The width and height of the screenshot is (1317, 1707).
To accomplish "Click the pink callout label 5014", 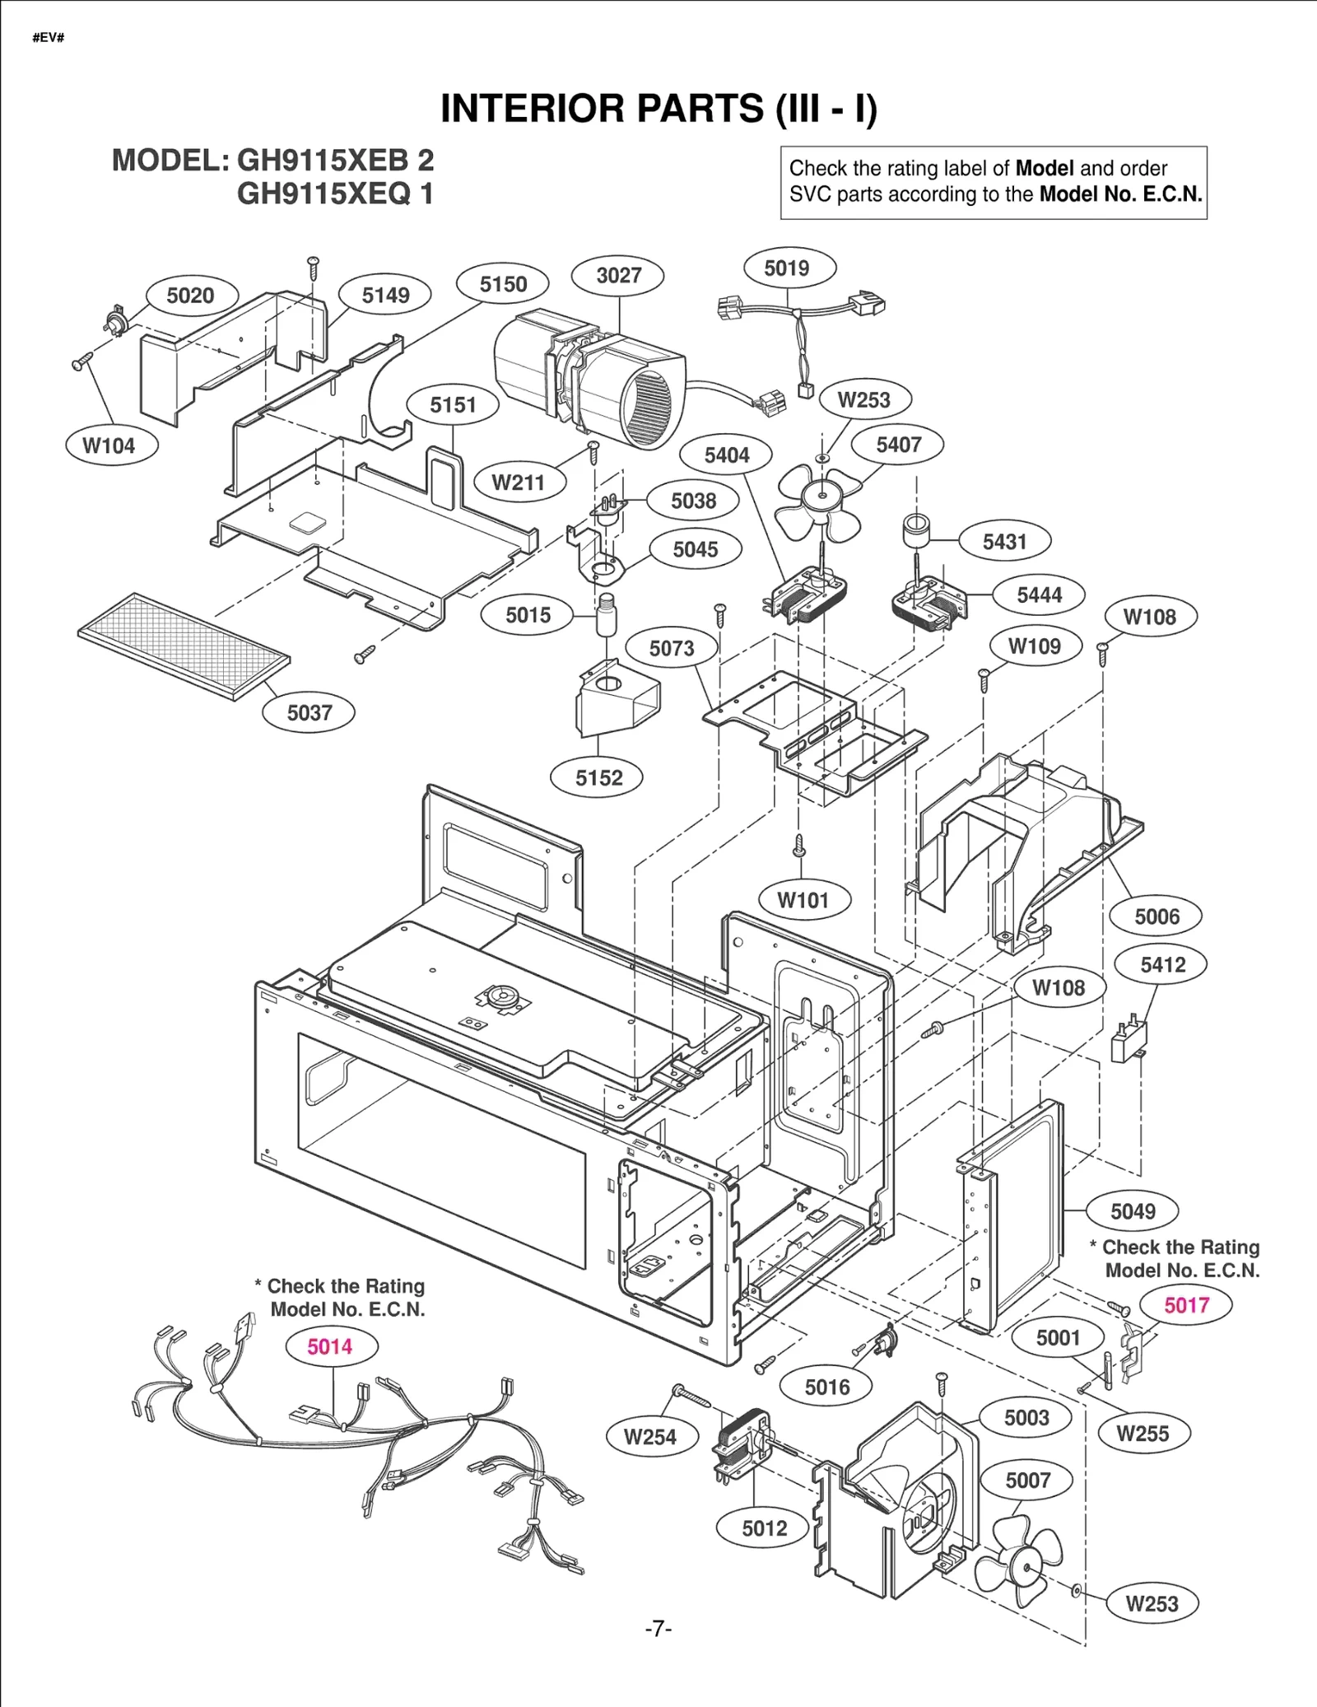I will pyautogui.click(x=331, y=1346).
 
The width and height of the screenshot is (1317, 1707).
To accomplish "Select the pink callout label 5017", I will pyautogui.click(x=1185, y=1305).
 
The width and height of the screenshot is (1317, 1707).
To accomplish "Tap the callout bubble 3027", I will pyautogui.click(x=618, y=275).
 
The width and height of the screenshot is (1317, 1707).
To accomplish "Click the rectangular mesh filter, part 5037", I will pyautogui.click(x=184, y=646).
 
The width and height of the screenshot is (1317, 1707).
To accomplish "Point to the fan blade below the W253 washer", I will pyautogui.click(x=818, y=501).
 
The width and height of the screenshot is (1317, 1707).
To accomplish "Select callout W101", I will pyautogui.click(x=803, y=900).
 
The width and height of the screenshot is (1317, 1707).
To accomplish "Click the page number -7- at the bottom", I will pyautogui.click(x=658, y=1628).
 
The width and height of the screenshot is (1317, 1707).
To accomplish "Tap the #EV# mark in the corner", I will pyautogui.click(x=49, y=38).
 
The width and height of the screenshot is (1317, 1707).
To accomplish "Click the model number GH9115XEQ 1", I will pyautogui.click(x=334, y=194).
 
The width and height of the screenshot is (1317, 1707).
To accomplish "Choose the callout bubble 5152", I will pyautogui.click(x=598, y=777).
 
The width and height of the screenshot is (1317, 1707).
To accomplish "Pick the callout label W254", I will pyautogui.click(x=650, y=1437).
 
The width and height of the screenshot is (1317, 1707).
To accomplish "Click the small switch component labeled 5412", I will pyautogui.click(x=1128, y=1042).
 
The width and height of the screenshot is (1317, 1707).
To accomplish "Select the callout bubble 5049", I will pyautogui.click(x=1133, y=1211).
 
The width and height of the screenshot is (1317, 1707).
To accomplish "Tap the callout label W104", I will pyautogui.click(x=109, y=445).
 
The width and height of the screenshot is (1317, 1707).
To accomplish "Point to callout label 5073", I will pyautogui.click(x=672, y=648).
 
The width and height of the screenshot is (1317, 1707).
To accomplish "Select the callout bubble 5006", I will pyautogui.click(x=1156, y=916).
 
